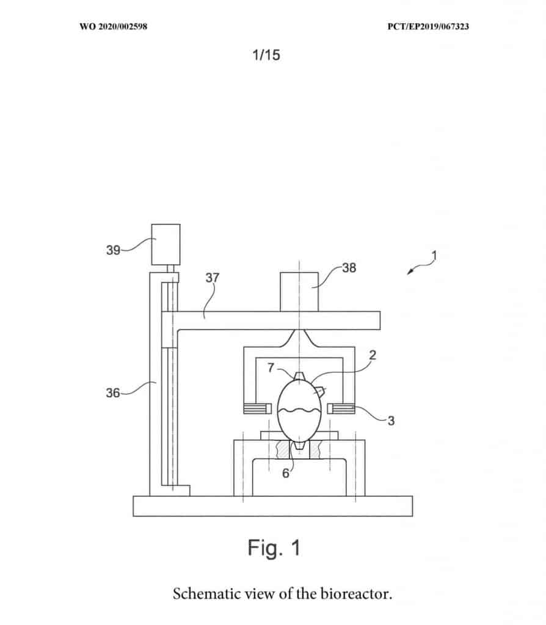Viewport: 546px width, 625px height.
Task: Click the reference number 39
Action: coord(113,250)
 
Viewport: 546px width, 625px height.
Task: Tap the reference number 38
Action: coord(349,268)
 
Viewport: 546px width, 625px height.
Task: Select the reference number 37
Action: coord(212,278)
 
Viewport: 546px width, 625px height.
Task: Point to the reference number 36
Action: coord(113,393)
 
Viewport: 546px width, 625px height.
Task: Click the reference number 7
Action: coord(271,367)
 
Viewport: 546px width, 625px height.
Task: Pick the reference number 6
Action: coord(286,473)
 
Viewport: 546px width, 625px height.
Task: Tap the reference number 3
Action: coord(391,421)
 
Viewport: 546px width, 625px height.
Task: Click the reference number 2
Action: coord(373,355)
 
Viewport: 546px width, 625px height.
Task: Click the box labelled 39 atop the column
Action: coord(166,244)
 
